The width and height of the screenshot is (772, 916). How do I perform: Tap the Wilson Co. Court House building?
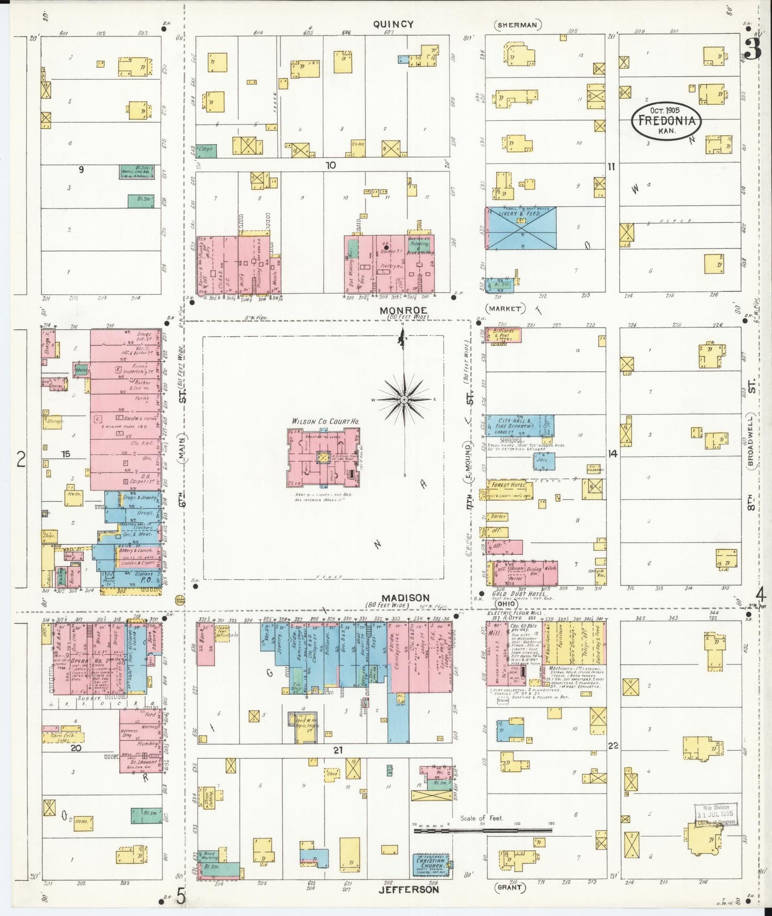(x=323, y=457)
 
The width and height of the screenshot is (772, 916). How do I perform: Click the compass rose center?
(x=404, y=399)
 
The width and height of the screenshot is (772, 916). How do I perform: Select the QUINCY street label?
(x=393, y=24)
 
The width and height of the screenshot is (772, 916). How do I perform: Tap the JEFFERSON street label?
(x=409, y=889)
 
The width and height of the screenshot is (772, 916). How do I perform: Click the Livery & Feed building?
(x=521, y=228)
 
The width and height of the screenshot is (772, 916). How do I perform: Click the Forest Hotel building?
(x=509, y=489)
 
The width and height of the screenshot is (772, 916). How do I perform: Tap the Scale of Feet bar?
(x=482, y=830)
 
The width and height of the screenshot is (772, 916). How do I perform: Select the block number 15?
(x=65, y=454)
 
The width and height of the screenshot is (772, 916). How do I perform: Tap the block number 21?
(x=338, y=750)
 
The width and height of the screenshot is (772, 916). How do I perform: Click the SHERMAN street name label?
(x=518, y=25)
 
